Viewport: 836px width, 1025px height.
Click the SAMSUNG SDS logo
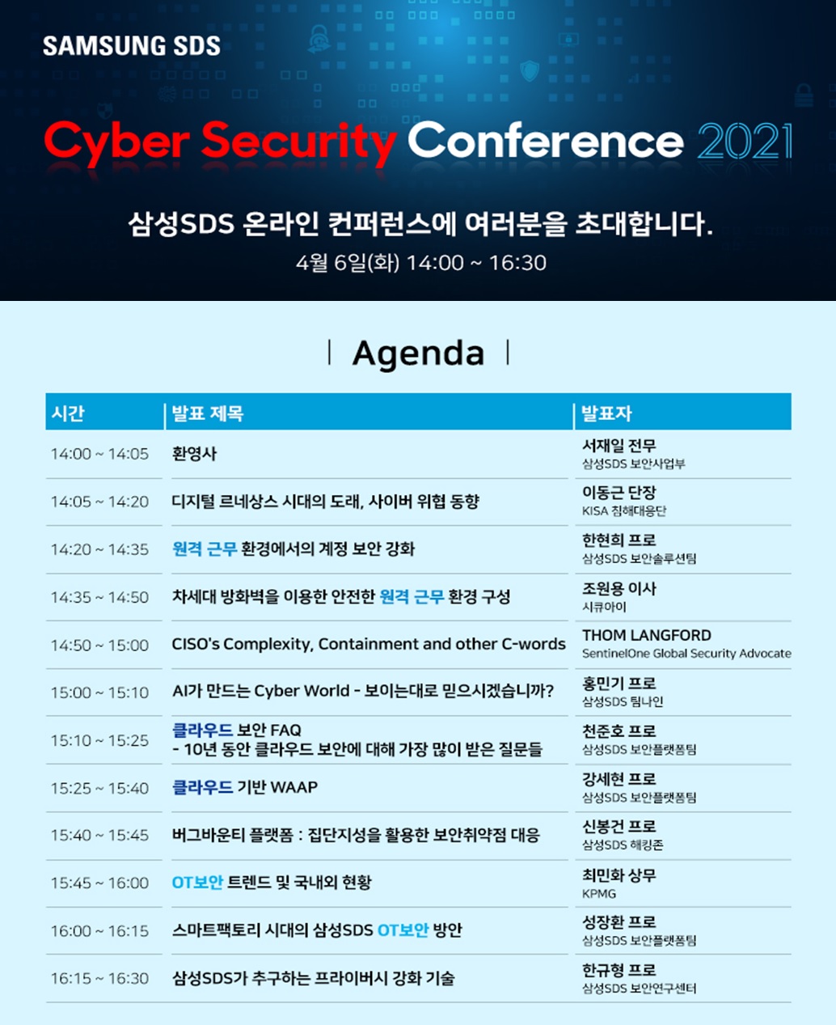(132, 45)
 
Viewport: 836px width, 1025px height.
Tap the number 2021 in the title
(745, 141)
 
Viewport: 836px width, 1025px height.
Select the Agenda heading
(418, 353)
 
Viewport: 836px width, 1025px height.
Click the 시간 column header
(68, 413)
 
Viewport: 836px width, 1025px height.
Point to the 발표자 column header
(606, 413)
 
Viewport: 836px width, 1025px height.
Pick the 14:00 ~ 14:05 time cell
(99, 454)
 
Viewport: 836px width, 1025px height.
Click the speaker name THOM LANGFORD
(647, 635)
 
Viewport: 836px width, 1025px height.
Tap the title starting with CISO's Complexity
(369, 644)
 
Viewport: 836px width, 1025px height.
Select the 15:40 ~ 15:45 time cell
(99, 836)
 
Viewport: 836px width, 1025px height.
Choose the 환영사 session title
(194, 454)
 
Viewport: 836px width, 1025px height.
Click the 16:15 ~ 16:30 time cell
(99, 978)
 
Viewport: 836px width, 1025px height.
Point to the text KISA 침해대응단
(624, 510)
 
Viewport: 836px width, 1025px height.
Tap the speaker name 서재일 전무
(619, 445)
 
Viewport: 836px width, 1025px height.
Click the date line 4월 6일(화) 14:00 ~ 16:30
(421, 263)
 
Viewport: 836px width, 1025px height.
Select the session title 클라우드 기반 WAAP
(245, 787)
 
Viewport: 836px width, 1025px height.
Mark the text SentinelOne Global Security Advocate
(687, 653)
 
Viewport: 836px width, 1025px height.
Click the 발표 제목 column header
(208, 413)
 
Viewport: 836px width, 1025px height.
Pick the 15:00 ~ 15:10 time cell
(99, 693)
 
